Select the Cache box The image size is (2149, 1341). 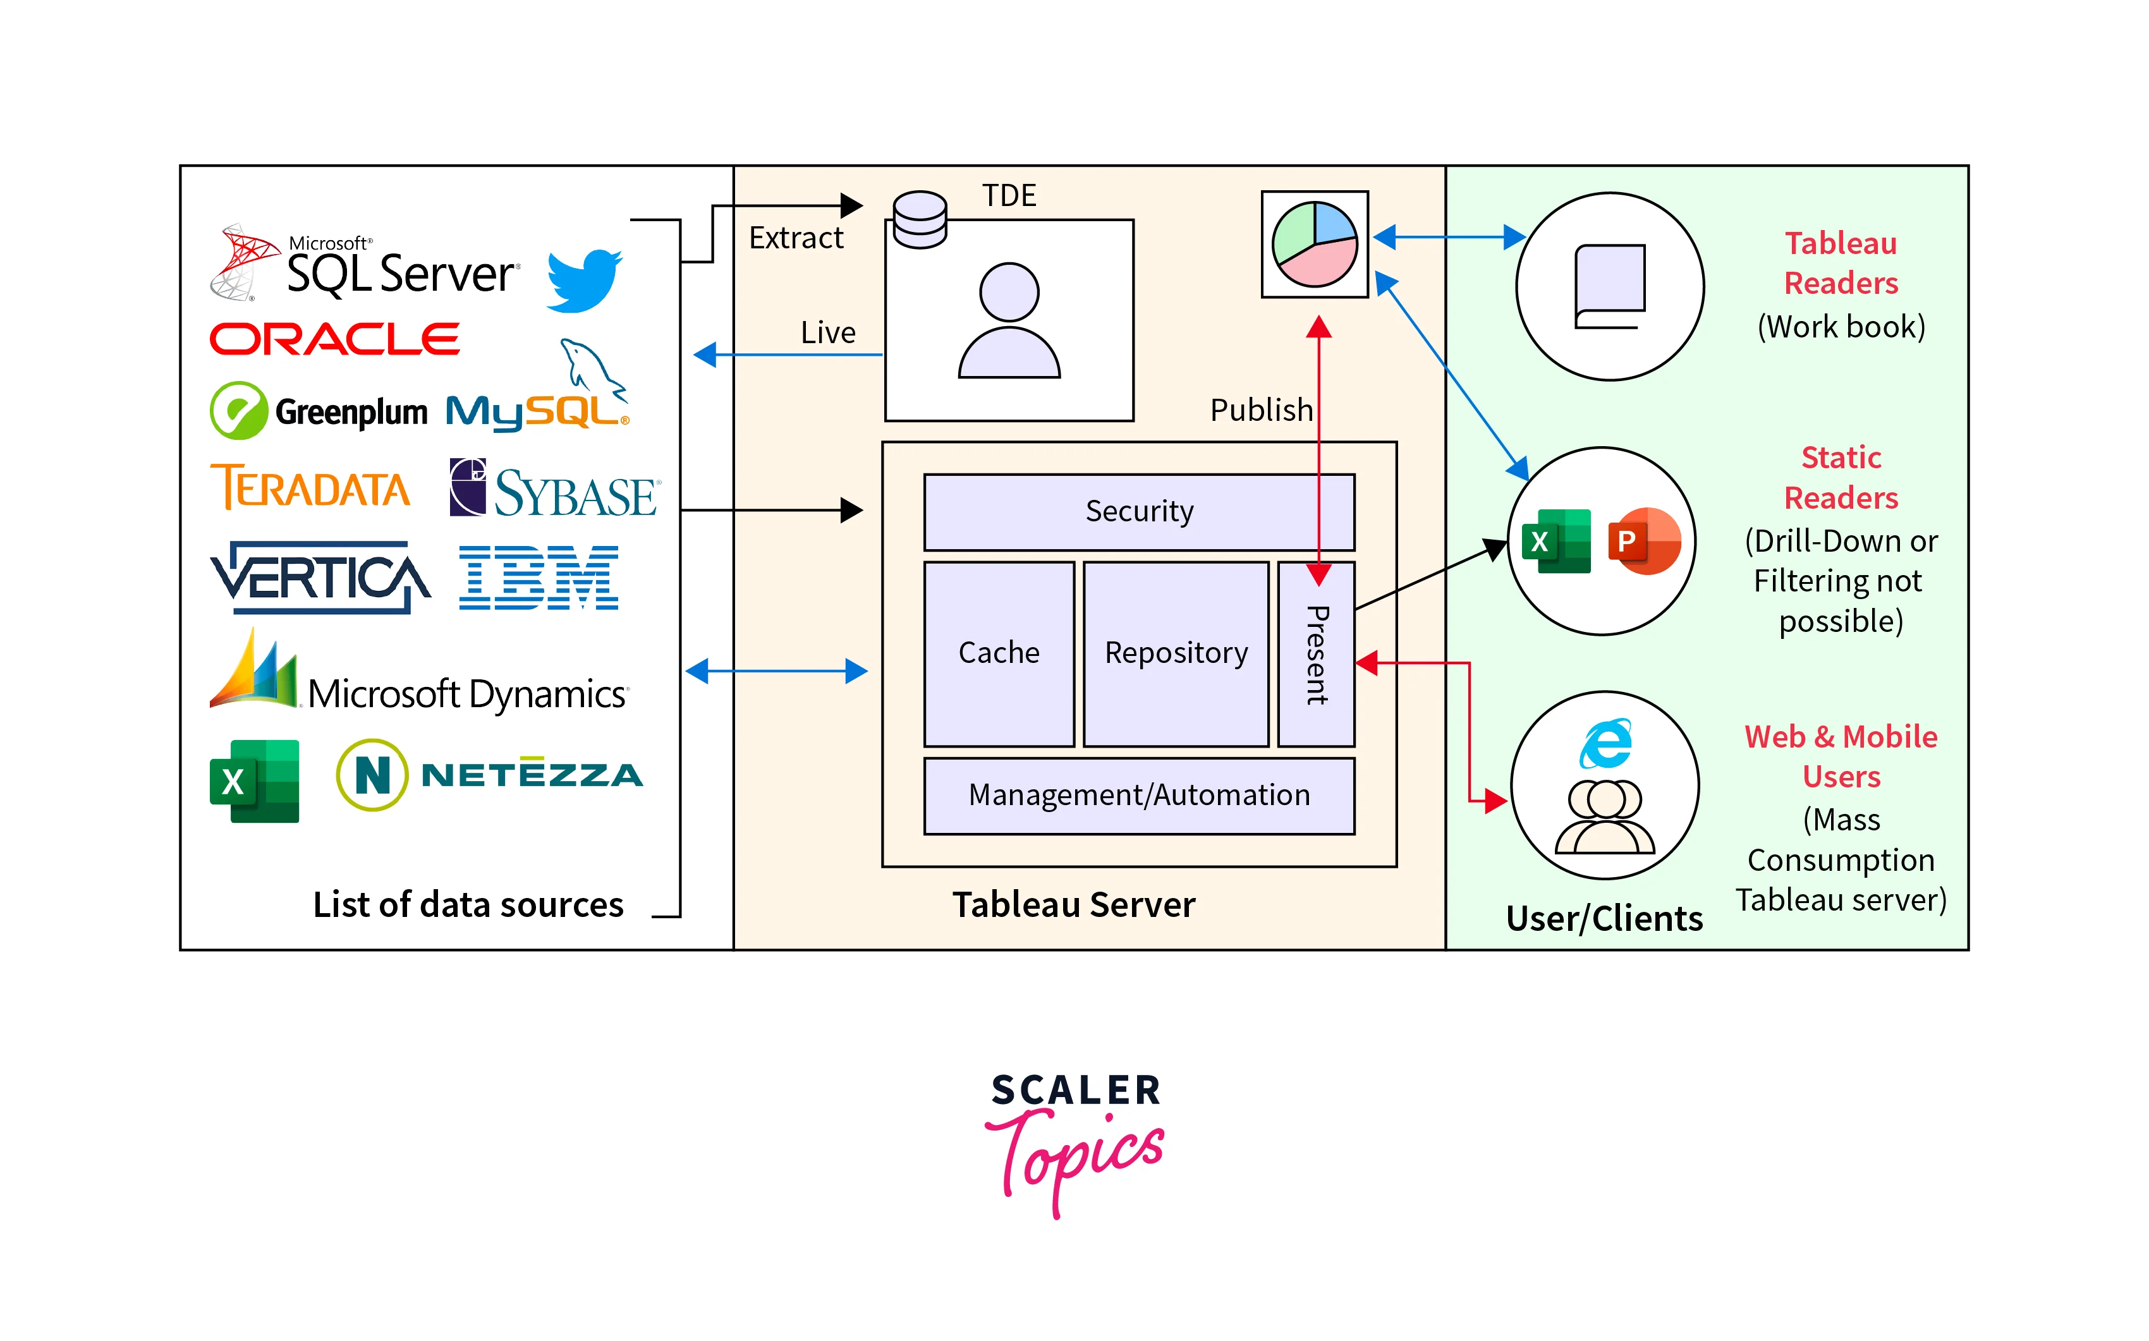click(x=999, y=653)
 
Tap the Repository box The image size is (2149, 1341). click(x=1175, y=653)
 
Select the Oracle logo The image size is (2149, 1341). click(x=334, y=339)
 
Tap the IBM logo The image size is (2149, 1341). click(x=539, y=578)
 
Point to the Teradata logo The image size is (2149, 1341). click(x=310, y=487)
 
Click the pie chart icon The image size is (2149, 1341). click(x=1315, y=244)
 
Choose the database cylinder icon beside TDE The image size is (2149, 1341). click(x=920, y=219)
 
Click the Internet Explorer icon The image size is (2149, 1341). click(x=1605, y=743)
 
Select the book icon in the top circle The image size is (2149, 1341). click(x=1609, y=286)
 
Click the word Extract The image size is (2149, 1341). click(x=796, y=238)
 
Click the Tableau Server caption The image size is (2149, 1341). click(x=1073, y=905)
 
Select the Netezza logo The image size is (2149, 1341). click(x=490, y=775)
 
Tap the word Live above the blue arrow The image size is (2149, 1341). click(x=827, y=332)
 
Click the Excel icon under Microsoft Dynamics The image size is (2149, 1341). click(x=255, y=781)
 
